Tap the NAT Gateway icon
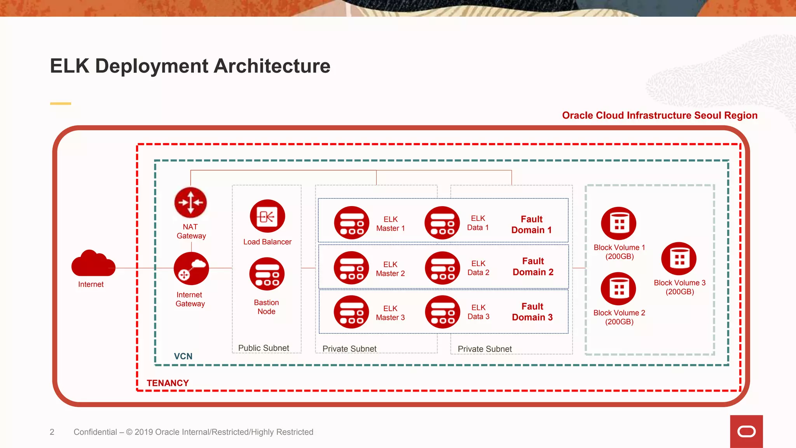tap(190, 203)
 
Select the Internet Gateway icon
tap(191, 268)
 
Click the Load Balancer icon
tap(267, 216)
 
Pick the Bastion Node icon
tap(267, 274)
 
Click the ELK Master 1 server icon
tap(352, 223)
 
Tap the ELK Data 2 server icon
tap(443, 268)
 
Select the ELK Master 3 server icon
tap(351, 312)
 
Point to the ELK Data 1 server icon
tap(442, 223)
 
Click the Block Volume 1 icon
tap(619, 223)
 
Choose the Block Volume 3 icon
tap(679, 259)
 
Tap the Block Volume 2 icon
tap(618, 289)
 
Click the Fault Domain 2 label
tap(533, 266)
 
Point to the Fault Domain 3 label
tap(532, 312)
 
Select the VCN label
tap(183, 356)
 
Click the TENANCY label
tap(168, 383)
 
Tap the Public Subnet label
tap(264, 348)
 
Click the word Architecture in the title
tap(272, 66)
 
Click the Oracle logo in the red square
tap(746, 432)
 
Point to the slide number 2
tap(52, 432)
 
